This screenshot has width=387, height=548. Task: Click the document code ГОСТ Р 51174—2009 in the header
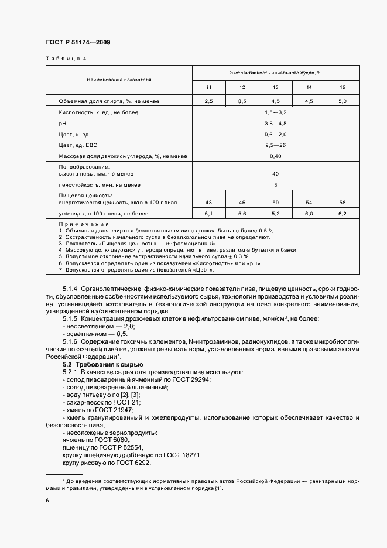coord(77,43)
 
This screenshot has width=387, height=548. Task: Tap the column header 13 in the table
coord(275,87)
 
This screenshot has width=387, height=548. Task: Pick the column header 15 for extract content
coord(343,87)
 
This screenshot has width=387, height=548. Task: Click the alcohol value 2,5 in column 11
coord(208,101)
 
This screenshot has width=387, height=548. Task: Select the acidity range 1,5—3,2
coord(275,111)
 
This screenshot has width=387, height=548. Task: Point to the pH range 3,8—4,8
coord(275,124)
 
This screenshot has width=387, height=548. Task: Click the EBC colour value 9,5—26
coord(275,145)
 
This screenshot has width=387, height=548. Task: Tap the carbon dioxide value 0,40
coord(275,156)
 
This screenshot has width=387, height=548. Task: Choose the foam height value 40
coord(275,174)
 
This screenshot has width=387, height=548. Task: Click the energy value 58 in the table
coord(343,202)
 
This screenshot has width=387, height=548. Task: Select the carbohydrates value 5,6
coord(242,214)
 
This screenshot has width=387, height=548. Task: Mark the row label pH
coord(62,124)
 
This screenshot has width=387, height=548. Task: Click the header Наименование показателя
coord(119,78)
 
